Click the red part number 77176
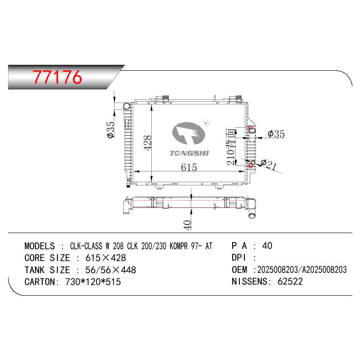(57, 77)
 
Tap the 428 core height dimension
(148, 143)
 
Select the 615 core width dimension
(189, 167)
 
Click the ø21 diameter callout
(268, 164)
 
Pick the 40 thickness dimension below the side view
(188, 225)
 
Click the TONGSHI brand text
(189, 153)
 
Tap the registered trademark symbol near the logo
(206, 123)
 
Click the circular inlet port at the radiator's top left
(127, 106)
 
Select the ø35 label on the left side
(110, 130)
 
